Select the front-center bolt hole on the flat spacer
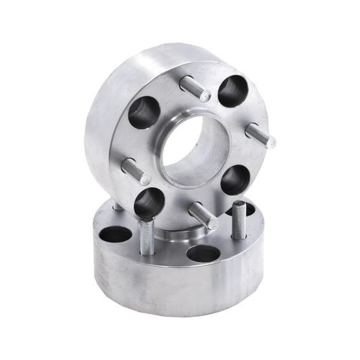199,254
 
